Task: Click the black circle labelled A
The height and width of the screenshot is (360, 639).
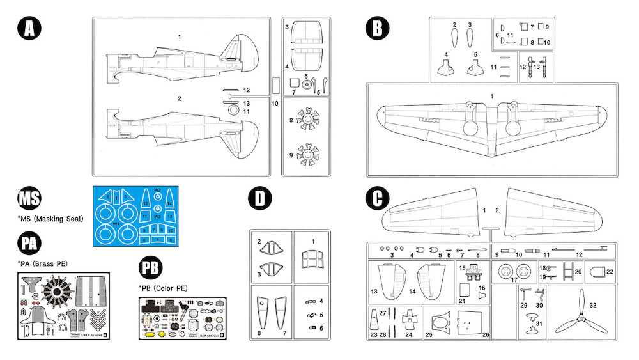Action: [x=29, y=29]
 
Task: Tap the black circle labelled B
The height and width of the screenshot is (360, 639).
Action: [x=377, y=29]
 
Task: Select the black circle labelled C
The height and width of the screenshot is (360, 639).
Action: [x=377, y=198]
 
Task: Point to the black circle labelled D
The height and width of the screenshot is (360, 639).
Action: [x=259, y=198]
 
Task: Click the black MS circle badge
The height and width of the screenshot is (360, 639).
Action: [x=29, y=199]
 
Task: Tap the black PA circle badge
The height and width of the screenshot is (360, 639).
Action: [x=29, y=244]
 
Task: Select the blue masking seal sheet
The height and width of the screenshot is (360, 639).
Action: [x=133, y=217]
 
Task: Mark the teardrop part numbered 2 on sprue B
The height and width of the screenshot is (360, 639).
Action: [x=455, y=40]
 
